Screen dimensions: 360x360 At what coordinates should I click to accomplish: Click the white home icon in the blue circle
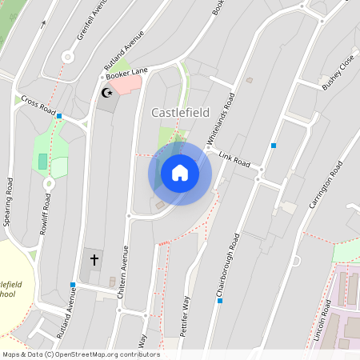click(x=180, y=173)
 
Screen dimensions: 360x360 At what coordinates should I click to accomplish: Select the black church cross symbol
click(x=94, y=259)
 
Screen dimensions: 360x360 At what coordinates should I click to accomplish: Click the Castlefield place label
click(x=181, y=113)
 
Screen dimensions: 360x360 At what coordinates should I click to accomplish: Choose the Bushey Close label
click(x=338, y=73)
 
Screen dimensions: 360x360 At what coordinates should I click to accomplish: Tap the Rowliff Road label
click(x=46, y=216)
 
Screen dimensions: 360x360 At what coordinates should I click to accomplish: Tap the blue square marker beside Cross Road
click(x=59, y=116)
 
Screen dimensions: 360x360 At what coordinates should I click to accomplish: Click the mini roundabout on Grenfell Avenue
click(x=68, y=56)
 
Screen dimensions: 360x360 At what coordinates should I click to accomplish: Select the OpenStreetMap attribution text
click(x=81, y=354)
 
